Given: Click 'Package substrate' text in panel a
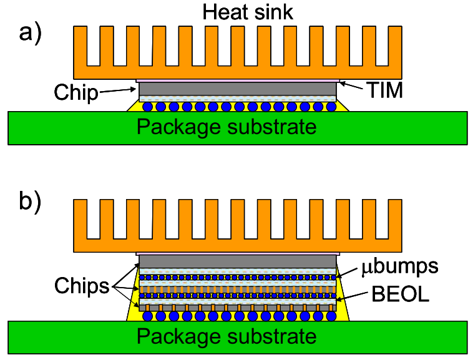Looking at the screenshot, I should click(227, 127).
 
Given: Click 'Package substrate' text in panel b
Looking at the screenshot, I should click(227, 336).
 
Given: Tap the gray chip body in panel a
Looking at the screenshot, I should click(237, 89).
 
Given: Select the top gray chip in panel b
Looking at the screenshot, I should click(237, 261).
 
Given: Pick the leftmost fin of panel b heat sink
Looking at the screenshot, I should click(80, 218).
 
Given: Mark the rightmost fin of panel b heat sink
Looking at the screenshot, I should click(395, 218).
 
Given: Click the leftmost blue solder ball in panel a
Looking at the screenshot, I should click(147, 107).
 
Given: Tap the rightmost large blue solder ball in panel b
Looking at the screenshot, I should click(328, 316).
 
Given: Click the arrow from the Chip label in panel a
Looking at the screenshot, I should click(119, 90).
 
